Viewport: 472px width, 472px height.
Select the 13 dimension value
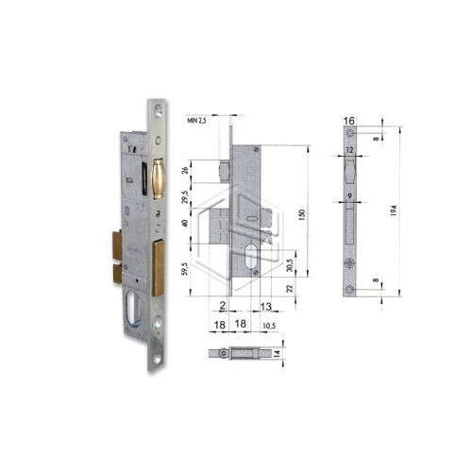[269, 306]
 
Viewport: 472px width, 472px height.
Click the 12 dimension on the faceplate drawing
[349, 148]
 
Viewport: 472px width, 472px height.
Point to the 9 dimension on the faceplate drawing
[348, 195]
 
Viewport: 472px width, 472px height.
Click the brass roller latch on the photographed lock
[158, 178]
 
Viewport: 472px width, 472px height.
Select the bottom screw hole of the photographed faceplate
[156, 356]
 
